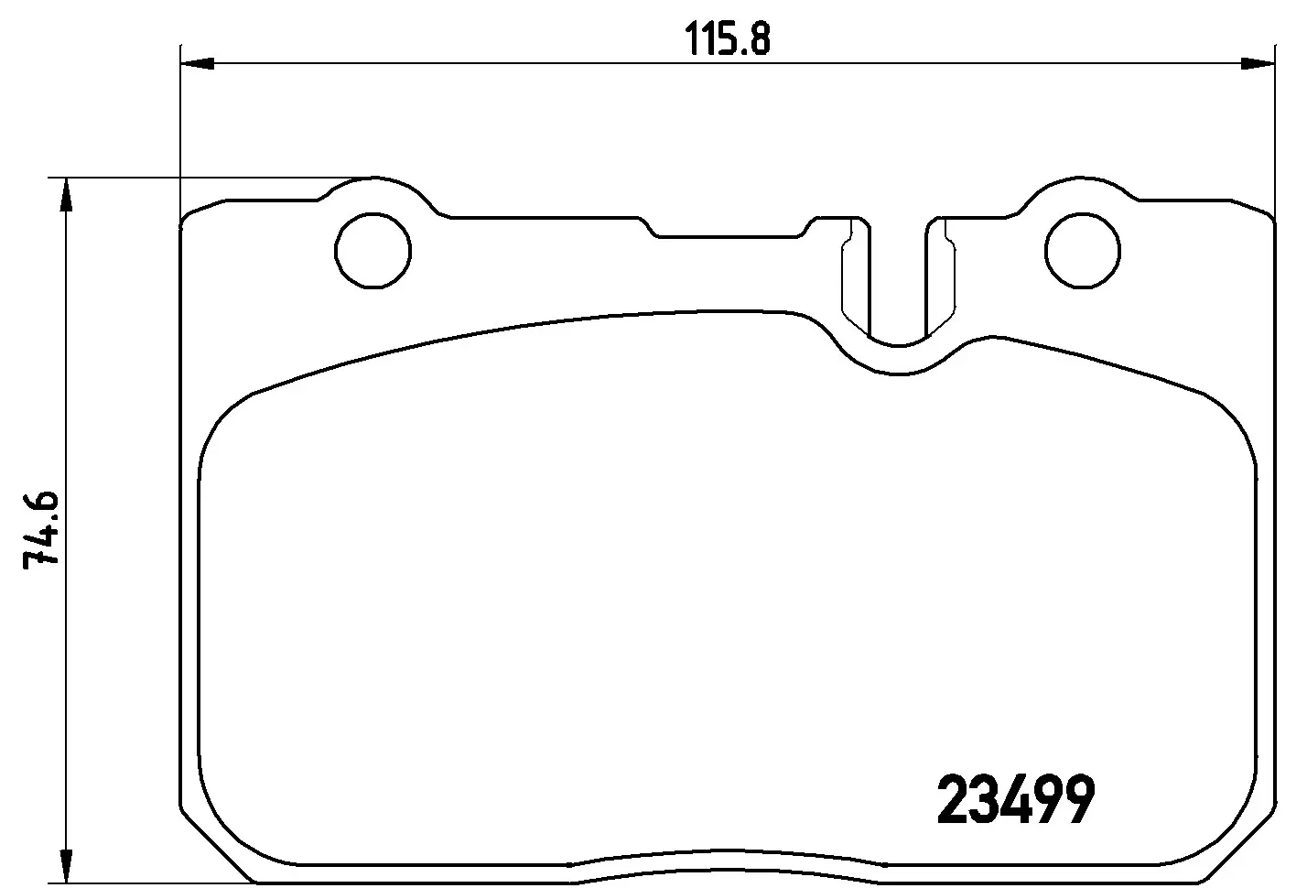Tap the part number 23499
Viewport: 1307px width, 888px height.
(1016, 800)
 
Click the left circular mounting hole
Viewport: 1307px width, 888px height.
(373, 250)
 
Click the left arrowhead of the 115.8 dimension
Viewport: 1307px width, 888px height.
(198, 63)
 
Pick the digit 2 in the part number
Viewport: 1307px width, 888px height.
(953, 800)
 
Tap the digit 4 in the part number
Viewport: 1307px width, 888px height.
(1014, 800)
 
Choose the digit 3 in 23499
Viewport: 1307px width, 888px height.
(983, 800)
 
